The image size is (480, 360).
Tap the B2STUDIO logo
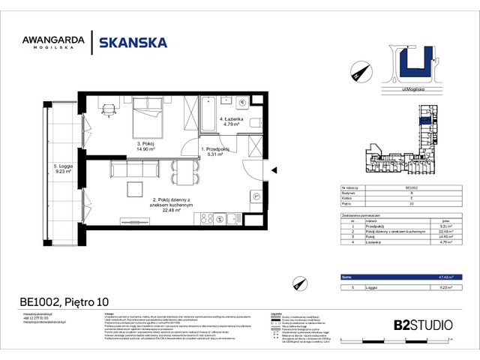point(422,325)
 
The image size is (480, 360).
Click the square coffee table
point(134,190)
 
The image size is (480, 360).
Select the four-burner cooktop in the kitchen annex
point(203,218)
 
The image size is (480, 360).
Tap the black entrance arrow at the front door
point(274,170)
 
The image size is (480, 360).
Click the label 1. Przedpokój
point(214,151)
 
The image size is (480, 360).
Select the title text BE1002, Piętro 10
point(53,302)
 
